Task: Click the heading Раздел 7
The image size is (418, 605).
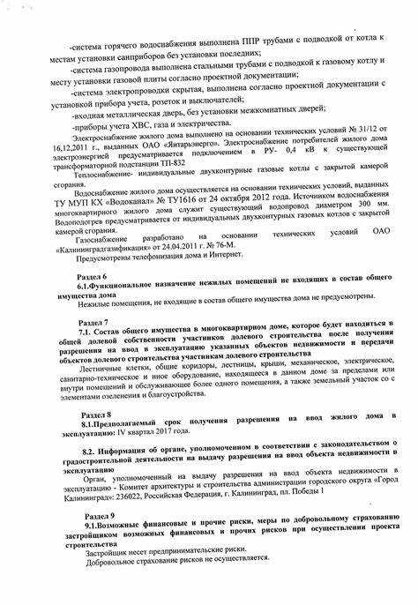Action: click(x=95, y=323)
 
